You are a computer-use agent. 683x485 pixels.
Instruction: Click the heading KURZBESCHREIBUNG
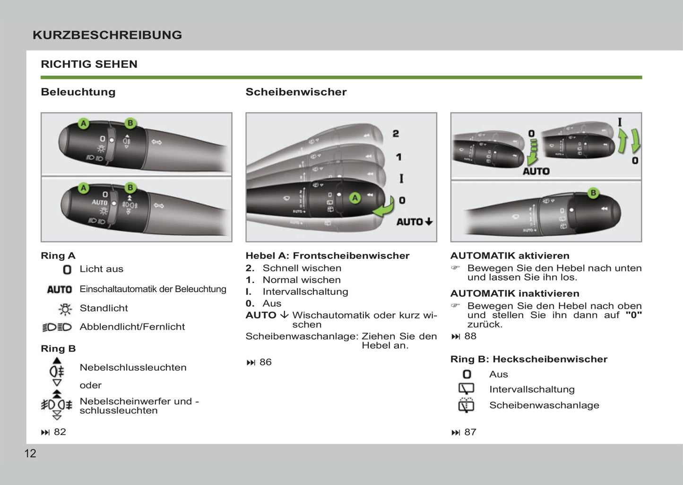point(107,35)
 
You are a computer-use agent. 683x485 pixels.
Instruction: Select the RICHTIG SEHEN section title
point(89,64)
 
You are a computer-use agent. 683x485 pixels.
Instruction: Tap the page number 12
point(30,453)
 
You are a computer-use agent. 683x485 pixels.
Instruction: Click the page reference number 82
point(60,432)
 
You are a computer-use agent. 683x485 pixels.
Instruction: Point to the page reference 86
point(265,362)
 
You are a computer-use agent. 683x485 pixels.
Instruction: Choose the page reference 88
point(470,336)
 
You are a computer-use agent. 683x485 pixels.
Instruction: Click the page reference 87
point(470,432)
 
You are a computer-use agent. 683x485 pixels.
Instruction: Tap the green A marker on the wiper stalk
point(355,198)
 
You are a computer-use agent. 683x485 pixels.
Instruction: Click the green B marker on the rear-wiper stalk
point(593,193)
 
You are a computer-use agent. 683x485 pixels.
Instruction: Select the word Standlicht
point(104,308)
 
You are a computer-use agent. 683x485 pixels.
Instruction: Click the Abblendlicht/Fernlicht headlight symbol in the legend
point(57,327)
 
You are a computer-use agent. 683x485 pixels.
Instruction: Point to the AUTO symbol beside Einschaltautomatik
point(60,289)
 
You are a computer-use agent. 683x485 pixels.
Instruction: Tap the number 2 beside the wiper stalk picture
point(396,134)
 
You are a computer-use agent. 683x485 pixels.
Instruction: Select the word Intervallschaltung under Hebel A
point(305,292)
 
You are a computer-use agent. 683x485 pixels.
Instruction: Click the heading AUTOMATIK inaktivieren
point(515,294)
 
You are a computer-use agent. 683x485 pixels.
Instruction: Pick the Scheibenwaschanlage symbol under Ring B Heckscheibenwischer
point(466,405)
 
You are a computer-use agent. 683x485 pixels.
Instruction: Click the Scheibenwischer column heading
point(296,92)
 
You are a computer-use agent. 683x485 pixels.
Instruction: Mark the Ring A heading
point(58,256)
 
